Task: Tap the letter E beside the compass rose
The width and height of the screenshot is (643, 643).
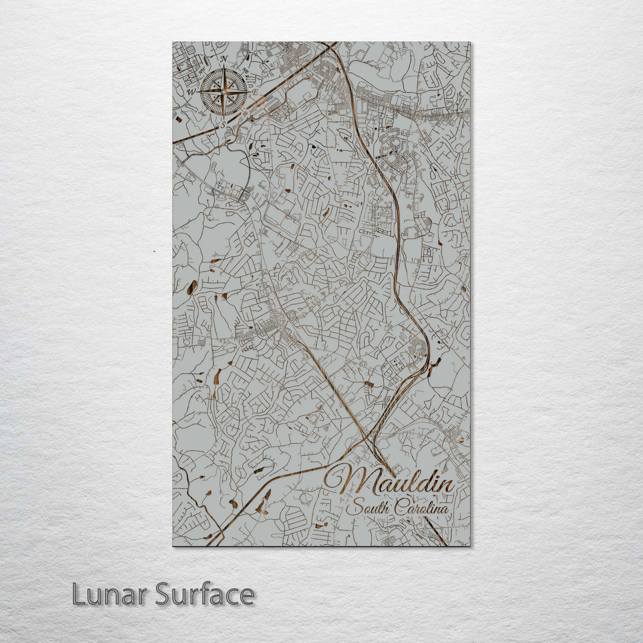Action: pos(255,93)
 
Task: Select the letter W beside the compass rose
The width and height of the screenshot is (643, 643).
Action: pos(191,93)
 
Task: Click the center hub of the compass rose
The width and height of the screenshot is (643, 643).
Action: pos(224,92)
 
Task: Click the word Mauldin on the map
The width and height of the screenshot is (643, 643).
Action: pos(390,480)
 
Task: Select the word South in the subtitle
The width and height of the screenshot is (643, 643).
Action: pos(365,509)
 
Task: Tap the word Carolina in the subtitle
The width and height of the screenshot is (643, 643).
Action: pos(419,509)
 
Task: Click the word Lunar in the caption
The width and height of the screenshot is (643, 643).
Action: pos(110,594)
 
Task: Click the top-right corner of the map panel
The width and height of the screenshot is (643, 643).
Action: pos(469,42)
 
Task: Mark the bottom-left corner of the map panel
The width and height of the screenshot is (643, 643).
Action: pos(173,545)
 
